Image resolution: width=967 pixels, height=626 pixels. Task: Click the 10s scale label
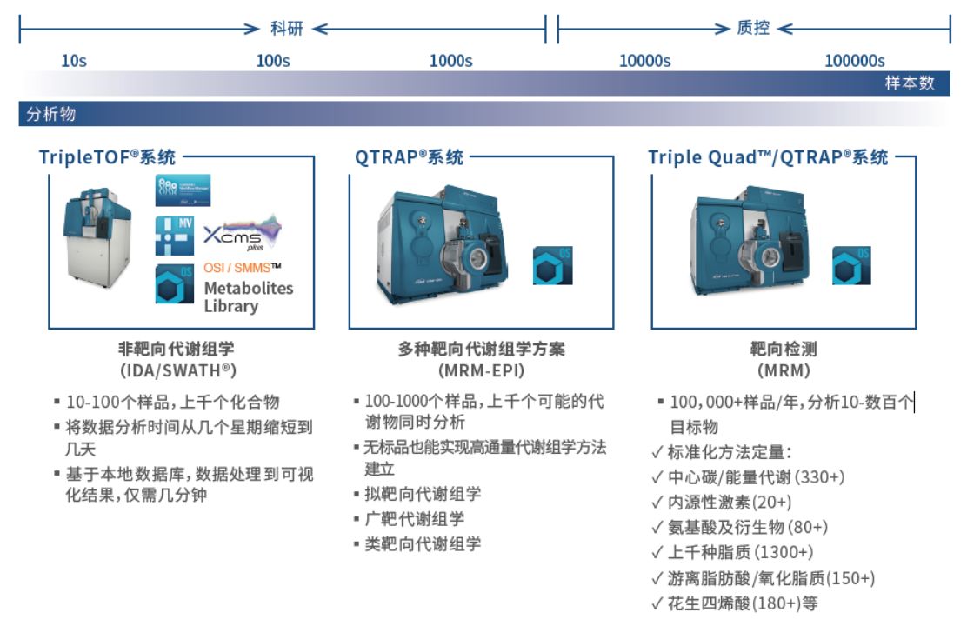tap(74, 61)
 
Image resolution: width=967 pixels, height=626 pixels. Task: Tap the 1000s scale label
tap(450, 61)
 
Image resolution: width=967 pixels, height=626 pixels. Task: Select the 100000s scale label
tap(854, 61)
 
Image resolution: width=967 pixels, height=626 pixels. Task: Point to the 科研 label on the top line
tap(287, 29)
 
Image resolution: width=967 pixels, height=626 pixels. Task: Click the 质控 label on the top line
tap(753, 29)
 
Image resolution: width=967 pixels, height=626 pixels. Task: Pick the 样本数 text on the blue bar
tap(910, 83)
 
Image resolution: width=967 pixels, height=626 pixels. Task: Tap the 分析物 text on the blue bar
tap(51, 114)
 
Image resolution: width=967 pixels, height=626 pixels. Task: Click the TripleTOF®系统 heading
tap(107, 157)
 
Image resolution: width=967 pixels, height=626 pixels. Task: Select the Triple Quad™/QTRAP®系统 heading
tap(768, 157)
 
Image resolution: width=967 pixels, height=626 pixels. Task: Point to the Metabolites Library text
tap(248, 296)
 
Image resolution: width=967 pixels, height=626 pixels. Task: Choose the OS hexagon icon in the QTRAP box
tap(552, 266)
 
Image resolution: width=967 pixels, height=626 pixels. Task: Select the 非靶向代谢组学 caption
tap(176, 349)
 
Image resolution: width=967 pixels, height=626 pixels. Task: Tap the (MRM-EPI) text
tap(481, 370)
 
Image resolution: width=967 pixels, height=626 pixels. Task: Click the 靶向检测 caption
tap(784, 349)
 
